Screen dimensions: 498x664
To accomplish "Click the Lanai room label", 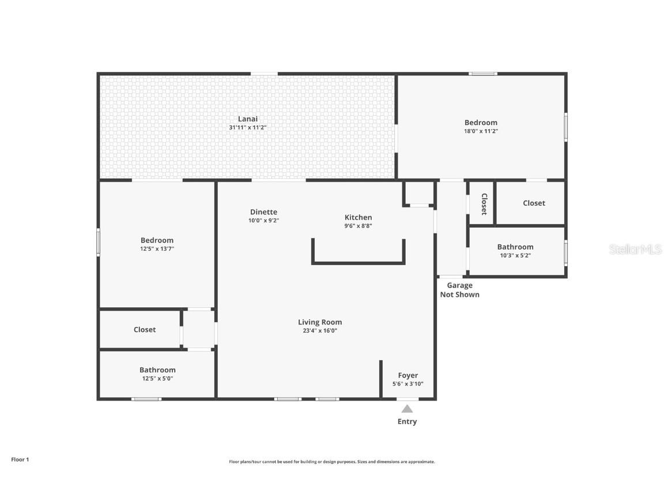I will click(248, 119).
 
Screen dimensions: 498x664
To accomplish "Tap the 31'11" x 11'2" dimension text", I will click(248, 127).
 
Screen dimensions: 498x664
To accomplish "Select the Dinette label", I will click(263, 212).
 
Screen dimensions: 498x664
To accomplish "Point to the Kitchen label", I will click(358, 217).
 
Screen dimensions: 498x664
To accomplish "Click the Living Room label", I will click(320, 322).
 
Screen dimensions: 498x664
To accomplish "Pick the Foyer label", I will click(408, 375).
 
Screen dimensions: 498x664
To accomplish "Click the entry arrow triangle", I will click(407, 409).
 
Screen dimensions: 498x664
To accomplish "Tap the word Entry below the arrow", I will click(407, 422).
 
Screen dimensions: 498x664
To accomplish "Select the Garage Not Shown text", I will click(459, 290).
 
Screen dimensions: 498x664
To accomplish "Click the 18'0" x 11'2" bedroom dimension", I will click(481, 131).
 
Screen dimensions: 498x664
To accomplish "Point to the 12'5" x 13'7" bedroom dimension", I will click(157, 249).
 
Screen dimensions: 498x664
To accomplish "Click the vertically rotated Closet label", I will click(484, 203).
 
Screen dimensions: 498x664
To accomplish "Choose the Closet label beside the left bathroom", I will click(145, 330).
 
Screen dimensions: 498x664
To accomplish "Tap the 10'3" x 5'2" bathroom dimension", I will click(515, 255).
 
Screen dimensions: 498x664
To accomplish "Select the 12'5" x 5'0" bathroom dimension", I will click(157, 379).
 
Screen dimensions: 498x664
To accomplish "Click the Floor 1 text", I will click(20, 459).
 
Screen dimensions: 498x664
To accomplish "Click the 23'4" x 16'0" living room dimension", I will click(320, 331).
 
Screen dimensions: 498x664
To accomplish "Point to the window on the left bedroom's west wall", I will click(99, 242).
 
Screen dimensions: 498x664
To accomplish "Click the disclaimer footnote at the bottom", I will click(332, 462).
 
